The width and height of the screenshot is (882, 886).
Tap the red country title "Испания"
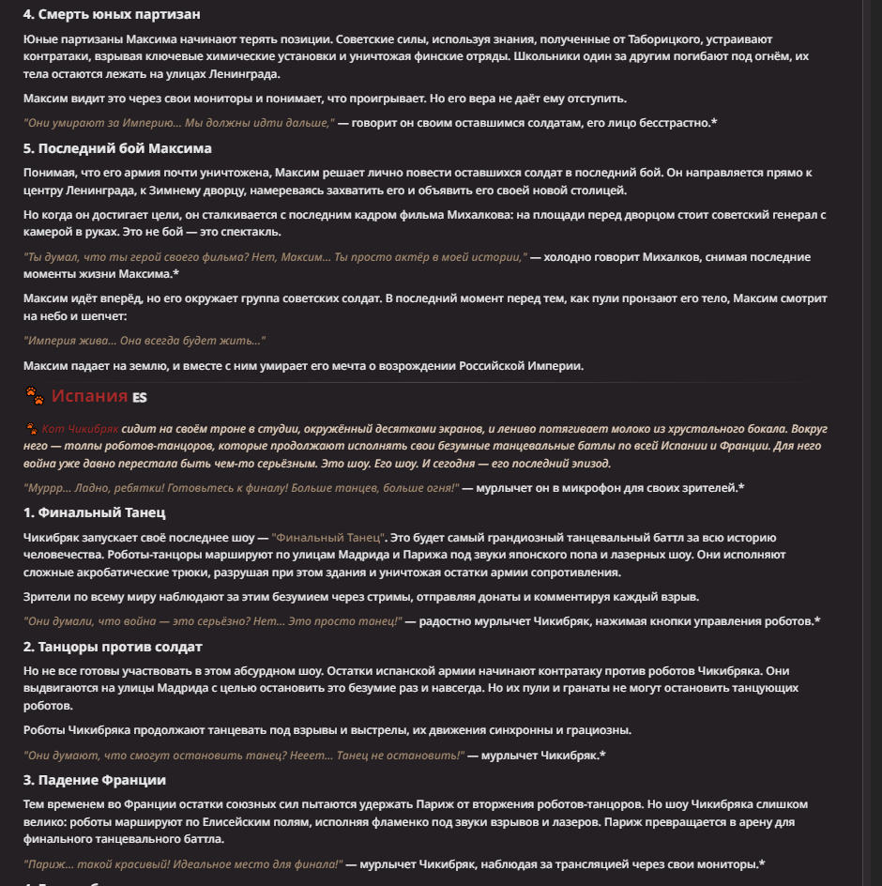click(x=89, y=396)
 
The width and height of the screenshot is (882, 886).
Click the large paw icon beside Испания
click(x=34, y=396)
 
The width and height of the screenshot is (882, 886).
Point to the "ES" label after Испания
click(x=140, y=398)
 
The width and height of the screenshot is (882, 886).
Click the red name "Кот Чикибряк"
click(x=81, y=429)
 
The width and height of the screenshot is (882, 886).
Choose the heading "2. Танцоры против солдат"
click(x=113, y=647)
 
